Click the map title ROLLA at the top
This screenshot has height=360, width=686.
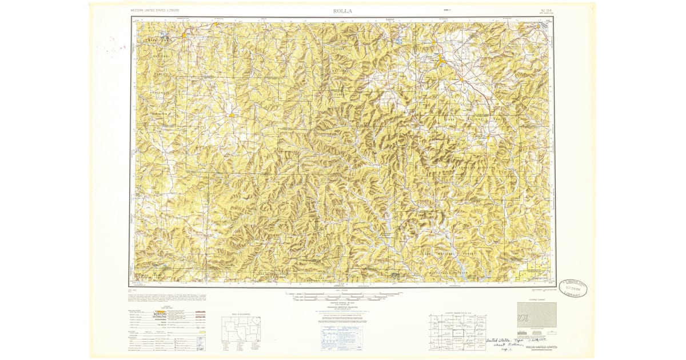[x=342, y=10]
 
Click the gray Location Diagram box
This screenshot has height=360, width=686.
[x=536, y=315]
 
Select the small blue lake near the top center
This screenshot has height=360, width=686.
[x=397, y=42]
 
